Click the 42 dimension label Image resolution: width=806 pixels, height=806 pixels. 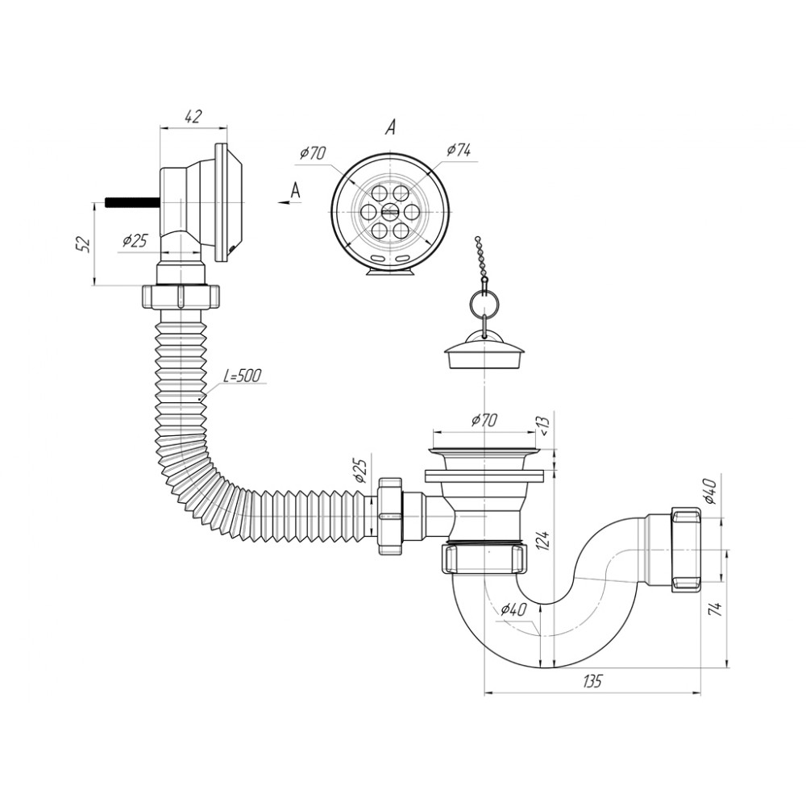[x=193, y=117]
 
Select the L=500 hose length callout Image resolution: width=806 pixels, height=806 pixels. [x=242, y=376]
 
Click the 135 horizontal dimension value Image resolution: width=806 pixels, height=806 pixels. [x=592, y=681]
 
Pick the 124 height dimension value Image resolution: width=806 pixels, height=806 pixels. [x=545, y=542]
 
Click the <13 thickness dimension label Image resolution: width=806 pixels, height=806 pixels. [x=544, y=425]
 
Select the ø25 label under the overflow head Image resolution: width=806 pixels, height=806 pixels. [x=135, y=240]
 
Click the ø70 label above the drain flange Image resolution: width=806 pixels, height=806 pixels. [x=484, y=420]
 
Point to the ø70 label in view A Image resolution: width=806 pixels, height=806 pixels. [x=313, y=152]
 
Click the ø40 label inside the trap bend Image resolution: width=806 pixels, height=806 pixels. [x=513, y=609]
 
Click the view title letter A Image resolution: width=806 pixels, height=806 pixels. [x=391, y=127]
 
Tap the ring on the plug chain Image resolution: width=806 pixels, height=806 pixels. [x=483, y=303]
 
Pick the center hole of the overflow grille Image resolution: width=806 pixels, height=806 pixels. [x=391, y=210]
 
